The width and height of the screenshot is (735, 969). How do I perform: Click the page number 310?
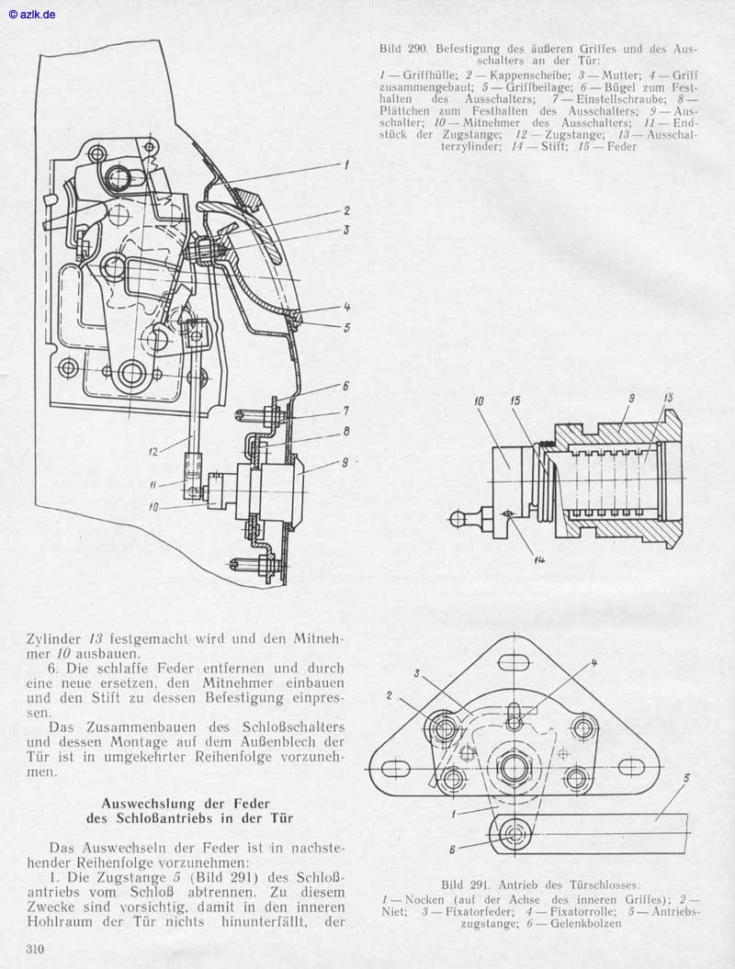[35, 948]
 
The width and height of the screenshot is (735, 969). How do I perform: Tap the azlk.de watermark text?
[32, 14]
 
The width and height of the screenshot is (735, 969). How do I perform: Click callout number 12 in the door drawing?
[154, 452]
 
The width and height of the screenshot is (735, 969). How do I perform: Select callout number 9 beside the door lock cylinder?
[345, 462]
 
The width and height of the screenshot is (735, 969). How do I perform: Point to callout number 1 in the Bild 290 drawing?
[346, 165]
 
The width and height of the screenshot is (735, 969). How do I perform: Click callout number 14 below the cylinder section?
[538, 560]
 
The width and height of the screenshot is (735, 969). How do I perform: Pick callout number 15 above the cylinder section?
[514, 401]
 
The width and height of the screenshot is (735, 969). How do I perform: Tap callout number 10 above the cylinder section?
[479, 401]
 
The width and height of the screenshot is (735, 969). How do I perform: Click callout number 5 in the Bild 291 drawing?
[686, 778]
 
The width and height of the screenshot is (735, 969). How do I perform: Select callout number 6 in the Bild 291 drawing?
[452, 850]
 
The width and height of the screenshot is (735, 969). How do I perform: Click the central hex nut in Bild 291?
[513, 768]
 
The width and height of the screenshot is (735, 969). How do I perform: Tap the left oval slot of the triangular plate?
[396, 768]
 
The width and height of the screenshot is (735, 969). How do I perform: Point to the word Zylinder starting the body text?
[53, 639]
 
